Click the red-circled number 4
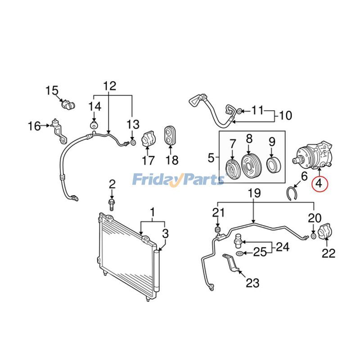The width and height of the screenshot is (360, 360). click(x=319, y=183)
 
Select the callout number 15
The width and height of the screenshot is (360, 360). click(x=52, y=90)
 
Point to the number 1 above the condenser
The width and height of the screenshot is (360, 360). click(x=152, y=211)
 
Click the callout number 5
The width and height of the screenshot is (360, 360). click(x=211, y=158)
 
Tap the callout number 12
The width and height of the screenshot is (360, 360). click(x=109, y=85)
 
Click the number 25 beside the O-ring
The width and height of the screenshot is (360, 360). click(x=260, y=252)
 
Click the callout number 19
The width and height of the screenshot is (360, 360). click(x=254, y=194)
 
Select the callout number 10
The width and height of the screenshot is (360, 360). click(x=285, y=116)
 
